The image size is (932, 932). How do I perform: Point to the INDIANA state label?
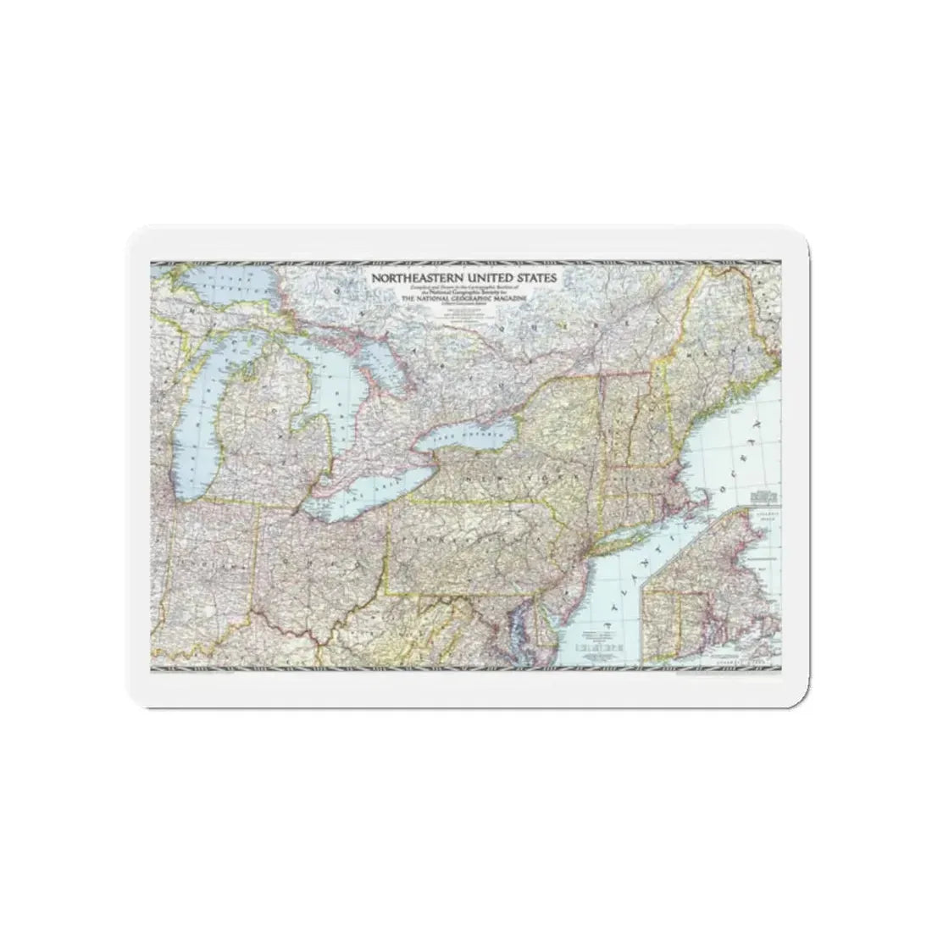pyautogui.click(x=204, y=577)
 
